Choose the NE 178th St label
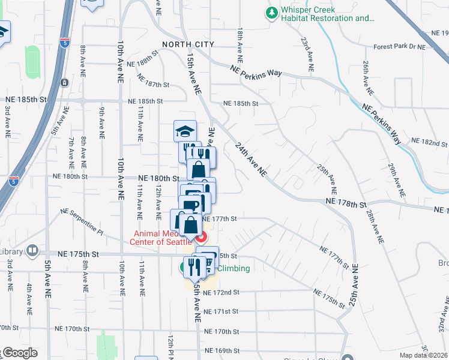click(x=346, y=205)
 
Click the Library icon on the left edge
click(x=32, y=250)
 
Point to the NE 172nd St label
click(x=221, y=292)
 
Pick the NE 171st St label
click(x=221, y=311)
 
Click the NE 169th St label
click(x=222, y=350)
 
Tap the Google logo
click(x=19, y=353)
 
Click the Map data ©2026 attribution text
click(x=423, y=355)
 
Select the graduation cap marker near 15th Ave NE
click(x=185, y=131)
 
